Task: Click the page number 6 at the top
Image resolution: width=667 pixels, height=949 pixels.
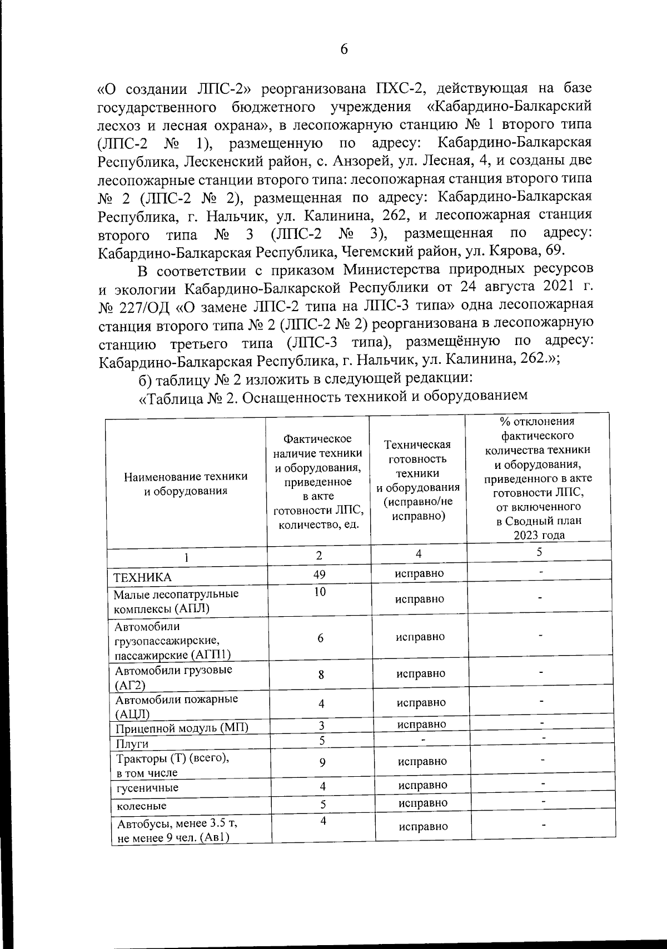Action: tap(344, 49)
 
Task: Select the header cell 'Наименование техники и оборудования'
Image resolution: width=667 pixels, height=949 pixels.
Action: tap(186, 483)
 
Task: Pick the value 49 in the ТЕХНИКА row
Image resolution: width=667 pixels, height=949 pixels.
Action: tap(319, 574)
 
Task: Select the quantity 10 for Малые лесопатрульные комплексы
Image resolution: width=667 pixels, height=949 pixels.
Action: tap(319, 592)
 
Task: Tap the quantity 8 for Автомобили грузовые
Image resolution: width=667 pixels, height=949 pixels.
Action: tap(321, 675)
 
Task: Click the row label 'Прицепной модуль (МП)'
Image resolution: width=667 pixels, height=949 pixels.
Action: tap(182, 728)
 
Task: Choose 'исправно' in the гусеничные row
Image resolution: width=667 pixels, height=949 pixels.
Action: tap(422, 785)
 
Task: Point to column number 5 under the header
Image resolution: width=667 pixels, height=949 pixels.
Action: tap(539, 552)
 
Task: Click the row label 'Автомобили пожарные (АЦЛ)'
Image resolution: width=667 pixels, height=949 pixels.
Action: tap(176, 706)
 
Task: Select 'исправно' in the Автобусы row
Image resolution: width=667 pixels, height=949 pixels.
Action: tap(423, 826)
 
